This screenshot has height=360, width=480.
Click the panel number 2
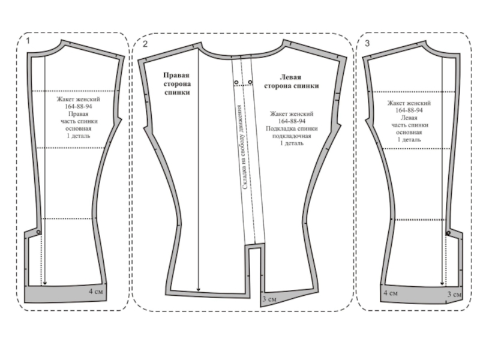pos(145,44)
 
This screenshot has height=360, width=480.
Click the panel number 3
pos(367,44)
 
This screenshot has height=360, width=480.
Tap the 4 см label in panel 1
pos(97,292)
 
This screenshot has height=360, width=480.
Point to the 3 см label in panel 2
pos(269,299)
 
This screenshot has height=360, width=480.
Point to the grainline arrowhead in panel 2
pos(199,291)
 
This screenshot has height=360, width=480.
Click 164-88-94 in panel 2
pos(292,121)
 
